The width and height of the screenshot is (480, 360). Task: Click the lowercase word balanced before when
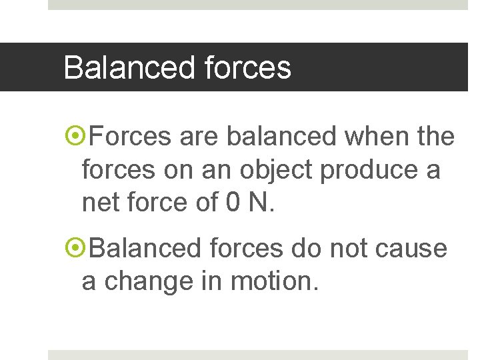[281, 137]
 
